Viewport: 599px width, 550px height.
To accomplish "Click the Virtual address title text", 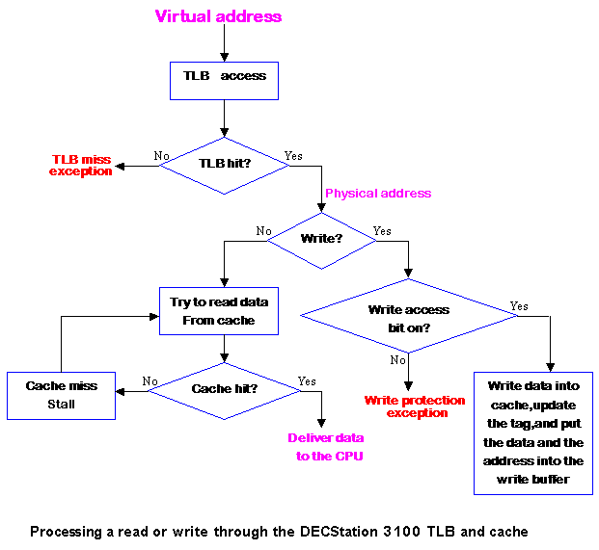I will [218, 16].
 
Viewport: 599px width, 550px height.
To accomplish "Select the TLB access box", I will [224, 76].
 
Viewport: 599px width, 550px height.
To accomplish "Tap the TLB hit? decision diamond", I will [223, 165].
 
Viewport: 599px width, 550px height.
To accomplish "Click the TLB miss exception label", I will [80, 165].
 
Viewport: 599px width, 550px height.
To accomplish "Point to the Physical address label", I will [378, 194].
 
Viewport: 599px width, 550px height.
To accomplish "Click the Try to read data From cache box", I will [219, 310].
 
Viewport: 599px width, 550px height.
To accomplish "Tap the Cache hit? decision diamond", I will [225, 389].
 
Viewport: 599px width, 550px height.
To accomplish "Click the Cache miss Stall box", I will [61, 395].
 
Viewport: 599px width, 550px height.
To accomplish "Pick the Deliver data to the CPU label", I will [325, 446].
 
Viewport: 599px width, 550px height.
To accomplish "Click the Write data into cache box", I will [532, 432].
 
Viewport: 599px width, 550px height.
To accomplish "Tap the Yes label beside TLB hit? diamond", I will [292, 155].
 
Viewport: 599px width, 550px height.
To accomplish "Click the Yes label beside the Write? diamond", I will [382, 231].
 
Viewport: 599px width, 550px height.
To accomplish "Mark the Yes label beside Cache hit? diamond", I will [308, 381].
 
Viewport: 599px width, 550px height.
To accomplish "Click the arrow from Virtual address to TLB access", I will [224, 43].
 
